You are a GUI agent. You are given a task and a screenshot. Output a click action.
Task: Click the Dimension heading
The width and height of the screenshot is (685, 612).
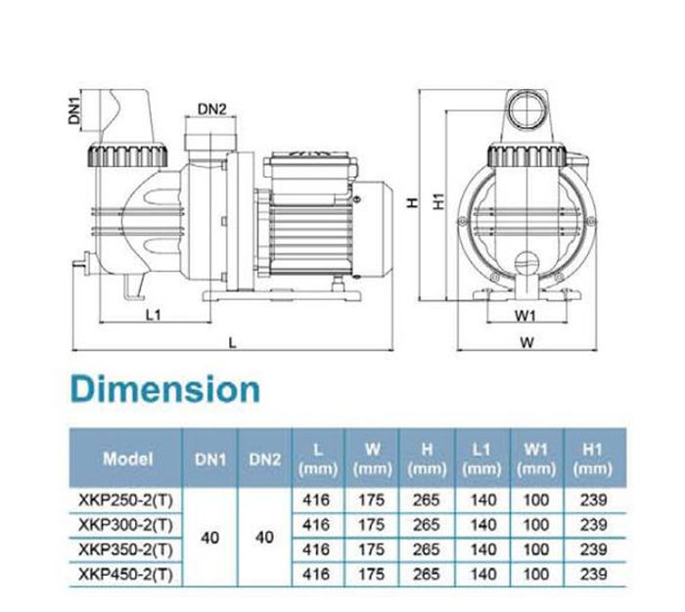tap(166, 388)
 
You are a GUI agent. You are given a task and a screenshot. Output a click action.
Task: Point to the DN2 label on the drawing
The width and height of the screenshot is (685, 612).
tap(212, 108)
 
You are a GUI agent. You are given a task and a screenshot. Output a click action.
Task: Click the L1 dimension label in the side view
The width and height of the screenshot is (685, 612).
tap(153, 314)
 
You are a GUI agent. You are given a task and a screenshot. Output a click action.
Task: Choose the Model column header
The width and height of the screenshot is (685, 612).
tap(127, 458)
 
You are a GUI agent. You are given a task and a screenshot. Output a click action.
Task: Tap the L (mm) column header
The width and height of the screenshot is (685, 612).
tap(317, 458)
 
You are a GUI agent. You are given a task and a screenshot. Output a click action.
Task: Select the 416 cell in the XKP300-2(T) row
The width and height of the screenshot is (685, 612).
tap(317, 524)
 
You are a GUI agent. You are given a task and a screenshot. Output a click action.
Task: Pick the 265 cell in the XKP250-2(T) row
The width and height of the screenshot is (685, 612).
tap(428, 500)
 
